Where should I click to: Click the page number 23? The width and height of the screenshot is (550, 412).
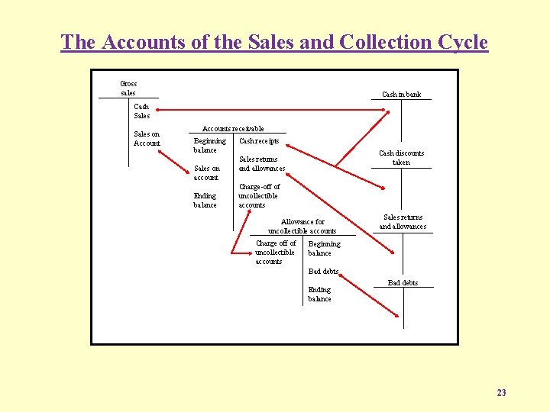[x=501, y=393]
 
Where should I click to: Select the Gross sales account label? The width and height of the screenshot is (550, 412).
[x=128, y=88]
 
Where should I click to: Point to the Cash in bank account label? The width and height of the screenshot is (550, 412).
[x=401, y=95]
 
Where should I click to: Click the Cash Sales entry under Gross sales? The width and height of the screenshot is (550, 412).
[x=142, y=111]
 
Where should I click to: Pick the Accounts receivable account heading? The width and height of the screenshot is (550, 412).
[x=233, y=129]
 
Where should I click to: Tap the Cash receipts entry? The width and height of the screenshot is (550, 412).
[x=259, y=141]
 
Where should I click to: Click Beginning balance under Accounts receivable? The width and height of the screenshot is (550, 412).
[x=209, y=145]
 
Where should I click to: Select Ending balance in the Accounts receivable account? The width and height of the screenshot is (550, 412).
[x=205, y=200]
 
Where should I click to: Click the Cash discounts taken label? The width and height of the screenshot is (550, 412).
[x=401, y=157]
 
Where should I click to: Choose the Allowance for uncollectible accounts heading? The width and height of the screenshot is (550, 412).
[x=302, y=226]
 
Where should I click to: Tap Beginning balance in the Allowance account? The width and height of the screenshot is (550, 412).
[x=324, y=249]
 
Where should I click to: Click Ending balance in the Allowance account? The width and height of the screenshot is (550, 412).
[x=319, y=294]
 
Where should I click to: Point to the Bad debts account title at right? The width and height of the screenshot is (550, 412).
[x=403, y=283]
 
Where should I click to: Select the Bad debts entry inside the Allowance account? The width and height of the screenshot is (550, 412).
[x=323, y=271]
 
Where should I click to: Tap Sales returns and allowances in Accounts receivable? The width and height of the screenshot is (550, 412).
[x=261, y=164]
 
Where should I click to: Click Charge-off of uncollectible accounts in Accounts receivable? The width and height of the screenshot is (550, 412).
[x=259, y=195]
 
